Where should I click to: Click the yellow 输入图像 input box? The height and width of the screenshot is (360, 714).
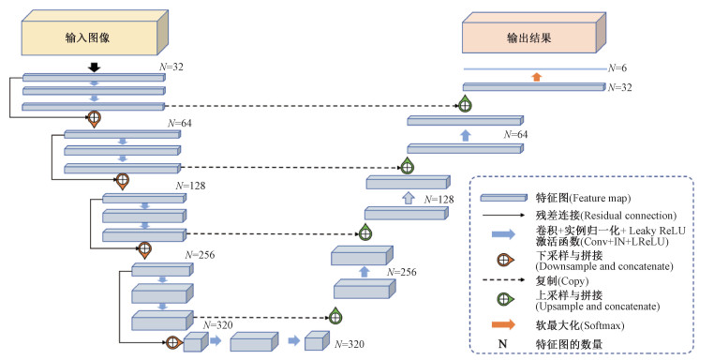95,33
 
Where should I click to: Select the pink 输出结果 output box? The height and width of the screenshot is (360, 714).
534,33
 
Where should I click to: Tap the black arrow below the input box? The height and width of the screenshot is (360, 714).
94,67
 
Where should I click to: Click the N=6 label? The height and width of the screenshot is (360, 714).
617,67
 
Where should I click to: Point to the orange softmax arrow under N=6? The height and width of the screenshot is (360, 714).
537,77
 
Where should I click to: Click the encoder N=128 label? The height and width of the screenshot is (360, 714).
190,186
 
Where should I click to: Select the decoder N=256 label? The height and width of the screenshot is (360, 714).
402,272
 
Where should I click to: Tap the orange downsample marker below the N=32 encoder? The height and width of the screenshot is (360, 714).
94,118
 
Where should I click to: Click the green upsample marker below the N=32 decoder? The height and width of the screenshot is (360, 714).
465,105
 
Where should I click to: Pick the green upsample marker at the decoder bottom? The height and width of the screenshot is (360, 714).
335,315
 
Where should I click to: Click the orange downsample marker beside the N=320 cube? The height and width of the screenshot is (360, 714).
173,342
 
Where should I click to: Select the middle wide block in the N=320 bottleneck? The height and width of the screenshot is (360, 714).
254,341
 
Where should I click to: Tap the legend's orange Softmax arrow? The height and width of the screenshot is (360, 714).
503,324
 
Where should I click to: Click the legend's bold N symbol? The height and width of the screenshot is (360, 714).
503,344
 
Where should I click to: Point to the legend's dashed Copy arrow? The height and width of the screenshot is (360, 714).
503,279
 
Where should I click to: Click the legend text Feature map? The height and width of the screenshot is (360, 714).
601,198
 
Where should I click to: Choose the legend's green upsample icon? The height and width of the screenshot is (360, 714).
505,299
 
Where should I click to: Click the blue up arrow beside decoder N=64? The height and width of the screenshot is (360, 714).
465,135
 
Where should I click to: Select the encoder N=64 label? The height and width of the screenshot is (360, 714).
180,123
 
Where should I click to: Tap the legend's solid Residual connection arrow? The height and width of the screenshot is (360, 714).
503,215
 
